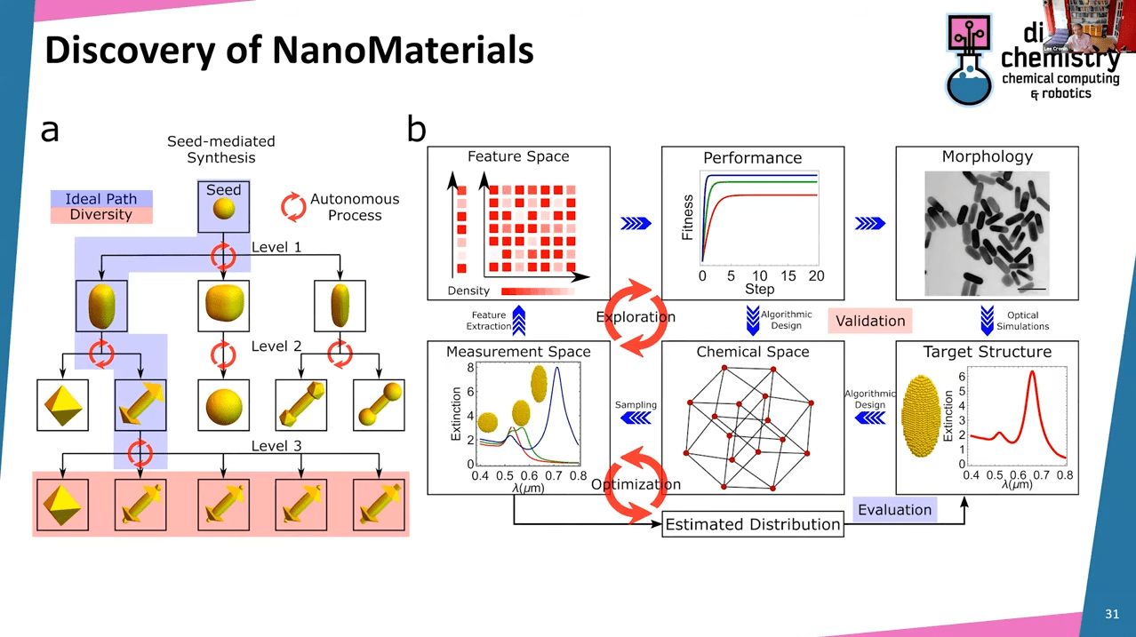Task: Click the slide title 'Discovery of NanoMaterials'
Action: tap(289, 51)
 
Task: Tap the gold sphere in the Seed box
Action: tap(224, 211)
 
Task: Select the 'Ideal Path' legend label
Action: tap(100, 199)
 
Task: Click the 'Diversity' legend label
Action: tap(100, 214)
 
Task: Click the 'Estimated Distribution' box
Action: tap(752, 524)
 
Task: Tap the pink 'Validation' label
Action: tap(870, 321)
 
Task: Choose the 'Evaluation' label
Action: tap(894, 510)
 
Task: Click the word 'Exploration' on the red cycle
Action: tap(636, 317)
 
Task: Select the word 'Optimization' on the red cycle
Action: tap(636, 484)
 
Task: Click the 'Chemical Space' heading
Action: tap(752, 352)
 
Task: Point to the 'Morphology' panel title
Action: tap(987, 157)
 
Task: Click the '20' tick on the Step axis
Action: tap(815, 276)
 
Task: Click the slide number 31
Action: tap(1111, 614)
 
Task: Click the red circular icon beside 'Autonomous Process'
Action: tap(293, 206)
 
